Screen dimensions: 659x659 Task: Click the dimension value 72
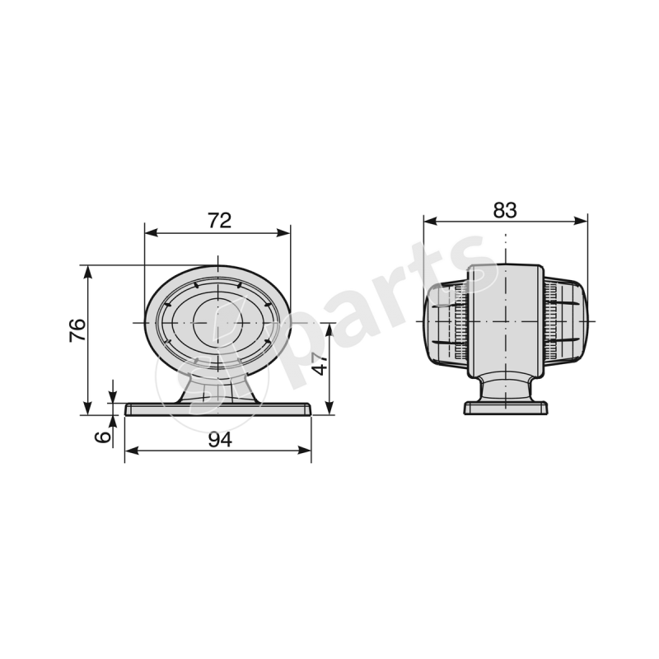click(x=218, y=220)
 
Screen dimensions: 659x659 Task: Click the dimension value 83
click(x=505, y=209)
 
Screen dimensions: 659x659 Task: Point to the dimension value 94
click(x=218, y=439)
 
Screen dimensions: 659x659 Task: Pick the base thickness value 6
click(x=102, y=437)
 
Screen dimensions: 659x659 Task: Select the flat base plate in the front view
click(x=218, y=409)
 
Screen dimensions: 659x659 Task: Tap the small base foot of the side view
click(x=506, y=408)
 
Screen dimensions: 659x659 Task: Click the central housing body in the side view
click(x=506, y=321)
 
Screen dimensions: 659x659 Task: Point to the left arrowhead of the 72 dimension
click(x=149, y=233)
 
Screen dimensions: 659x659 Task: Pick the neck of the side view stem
click(x=506, y=387)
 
